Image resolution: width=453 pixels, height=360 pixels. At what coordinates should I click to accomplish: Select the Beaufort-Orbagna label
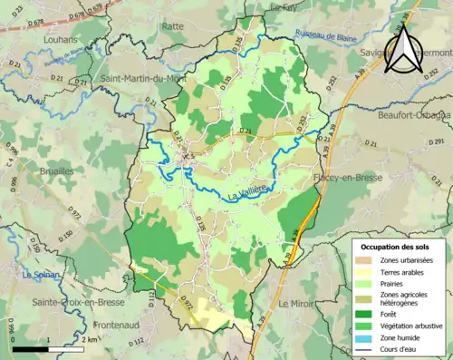[407, 115]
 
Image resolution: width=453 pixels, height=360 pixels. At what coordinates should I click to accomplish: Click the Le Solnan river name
[41, 275]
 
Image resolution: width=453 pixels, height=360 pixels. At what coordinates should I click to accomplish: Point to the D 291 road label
[433, 142]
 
